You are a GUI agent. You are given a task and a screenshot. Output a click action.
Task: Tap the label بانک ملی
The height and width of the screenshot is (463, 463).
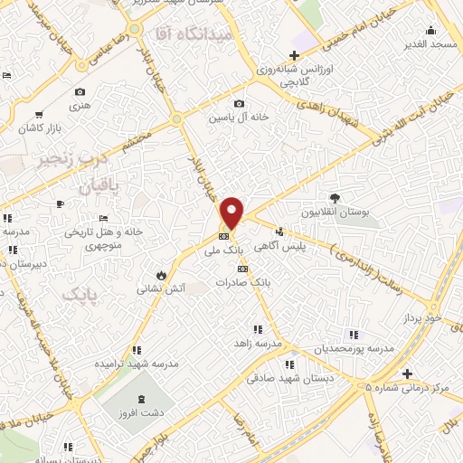click(x=231, y=249)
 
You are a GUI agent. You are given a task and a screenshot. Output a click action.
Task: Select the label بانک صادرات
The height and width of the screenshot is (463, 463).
click(x=242, y=282)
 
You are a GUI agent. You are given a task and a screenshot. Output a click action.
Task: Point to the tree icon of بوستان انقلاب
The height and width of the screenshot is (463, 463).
click(x=335, y=198)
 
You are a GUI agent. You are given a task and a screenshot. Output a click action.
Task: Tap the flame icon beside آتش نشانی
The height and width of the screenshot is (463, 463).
click(x=160, y=274)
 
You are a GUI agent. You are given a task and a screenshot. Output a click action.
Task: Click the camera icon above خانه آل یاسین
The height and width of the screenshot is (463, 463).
click(x=239, y=103)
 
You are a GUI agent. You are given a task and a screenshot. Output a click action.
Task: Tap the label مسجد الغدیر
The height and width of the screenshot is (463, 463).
click(x=432, y=43)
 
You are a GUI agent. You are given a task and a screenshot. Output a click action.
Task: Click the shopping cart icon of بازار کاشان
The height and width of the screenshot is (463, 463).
click(x=38, y=115)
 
